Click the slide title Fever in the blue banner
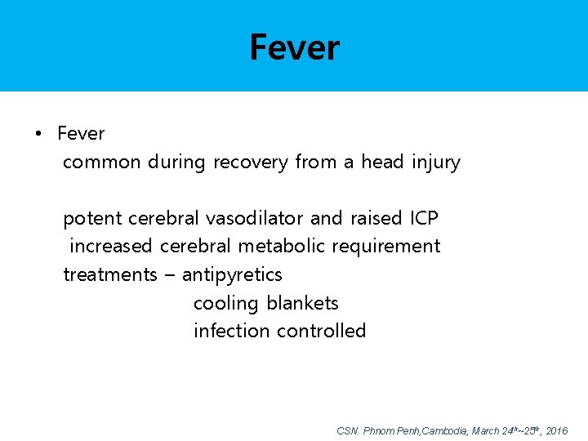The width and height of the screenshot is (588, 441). (294, 47)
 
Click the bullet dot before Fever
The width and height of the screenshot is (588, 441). (38, 134)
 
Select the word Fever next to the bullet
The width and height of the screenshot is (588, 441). (81, 133)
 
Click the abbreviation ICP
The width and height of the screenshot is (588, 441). (424, 218)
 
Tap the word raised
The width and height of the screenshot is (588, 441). (376, 218)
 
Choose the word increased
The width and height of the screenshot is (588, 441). (112, 246)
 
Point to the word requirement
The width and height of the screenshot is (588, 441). (388, 247)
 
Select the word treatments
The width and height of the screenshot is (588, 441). (109, 274)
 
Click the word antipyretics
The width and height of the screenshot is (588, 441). (232, 275)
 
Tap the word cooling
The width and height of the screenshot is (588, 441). (225, 304)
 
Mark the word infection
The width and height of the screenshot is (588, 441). (232, 331)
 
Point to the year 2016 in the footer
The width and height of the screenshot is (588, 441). (556, 430)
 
